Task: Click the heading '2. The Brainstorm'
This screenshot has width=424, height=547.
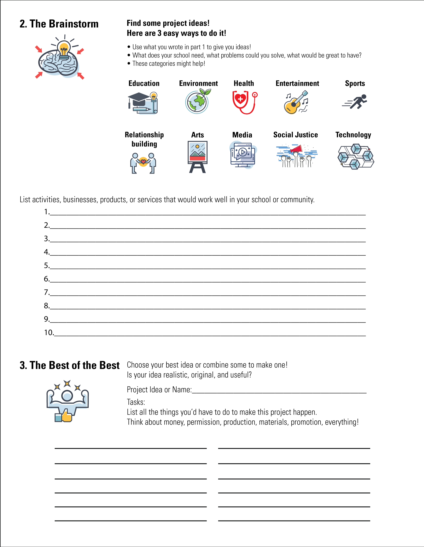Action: [x=59, y=24]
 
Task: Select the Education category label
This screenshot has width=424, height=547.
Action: [x=144, y=83]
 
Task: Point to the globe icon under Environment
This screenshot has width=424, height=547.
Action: [x=197, y=102]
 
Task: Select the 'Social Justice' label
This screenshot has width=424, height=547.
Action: [x=295, y=135]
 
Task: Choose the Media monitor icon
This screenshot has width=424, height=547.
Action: [x=243, y=155]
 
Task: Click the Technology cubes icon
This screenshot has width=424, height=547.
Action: [x=356, y=157]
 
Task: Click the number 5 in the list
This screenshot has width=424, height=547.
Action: [x=46, y=266]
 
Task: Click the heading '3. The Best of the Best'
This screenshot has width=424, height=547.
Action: [x=70, y=365]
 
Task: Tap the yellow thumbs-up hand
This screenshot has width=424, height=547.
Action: [x=67, y=416]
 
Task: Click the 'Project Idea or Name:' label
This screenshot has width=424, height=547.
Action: [x=159, y=390]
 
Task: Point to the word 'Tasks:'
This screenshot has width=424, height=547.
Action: [x=136, y=402]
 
